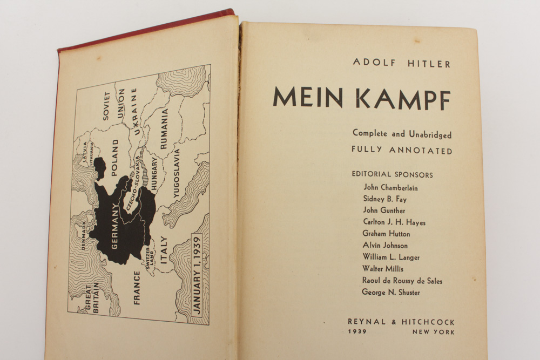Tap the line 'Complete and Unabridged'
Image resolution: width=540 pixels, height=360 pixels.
point(402,134)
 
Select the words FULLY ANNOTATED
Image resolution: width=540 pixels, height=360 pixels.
point(402,151)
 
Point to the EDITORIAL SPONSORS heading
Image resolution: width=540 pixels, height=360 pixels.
point(392,175)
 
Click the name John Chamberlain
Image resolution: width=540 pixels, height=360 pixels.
point(390,188)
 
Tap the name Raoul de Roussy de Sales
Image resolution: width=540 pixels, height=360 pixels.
point(403,281)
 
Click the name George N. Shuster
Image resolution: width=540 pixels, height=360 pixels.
point(391,293)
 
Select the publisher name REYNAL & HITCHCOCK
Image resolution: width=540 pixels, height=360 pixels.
point(401,322)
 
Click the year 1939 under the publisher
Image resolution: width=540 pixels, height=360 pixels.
point(357,332)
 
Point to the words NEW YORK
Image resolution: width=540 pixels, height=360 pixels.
point(433,332)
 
